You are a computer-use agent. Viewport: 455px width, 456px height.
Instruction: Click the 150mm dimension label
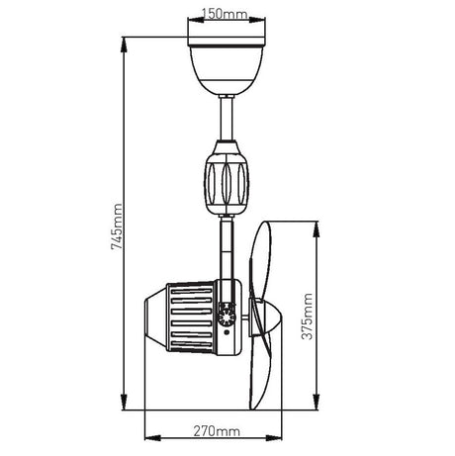pos(225,14)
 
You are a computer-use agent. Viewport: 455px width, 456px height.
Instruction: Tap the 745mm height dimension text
pos(117,227)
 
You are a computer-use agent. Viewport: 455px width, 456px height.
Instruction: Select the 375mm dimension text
pos(307,317)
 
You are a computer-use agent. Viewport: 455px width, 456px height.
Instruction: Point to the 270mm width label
pos(217,431)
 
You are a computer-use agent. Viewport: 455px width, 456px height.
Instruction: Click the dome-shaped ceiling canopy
pos(227,70)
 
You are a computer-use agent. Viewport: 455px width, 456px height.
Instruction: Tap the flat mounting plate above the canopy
pos(227,42)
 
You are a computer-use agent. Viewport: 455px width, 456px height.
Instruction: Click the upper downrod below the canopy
pos(227,119)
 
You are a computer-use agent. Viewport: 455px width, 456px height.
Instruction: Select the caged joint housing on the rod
pos(227,178)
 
